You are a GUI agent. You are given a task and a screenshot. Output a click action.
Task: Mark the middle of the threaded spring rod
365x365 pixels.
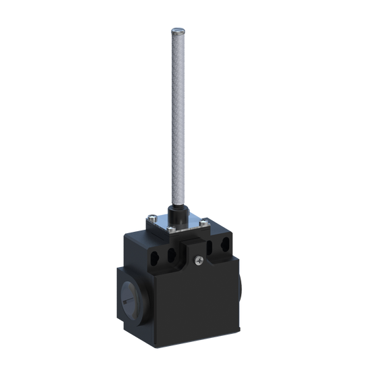pos(176,122)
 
